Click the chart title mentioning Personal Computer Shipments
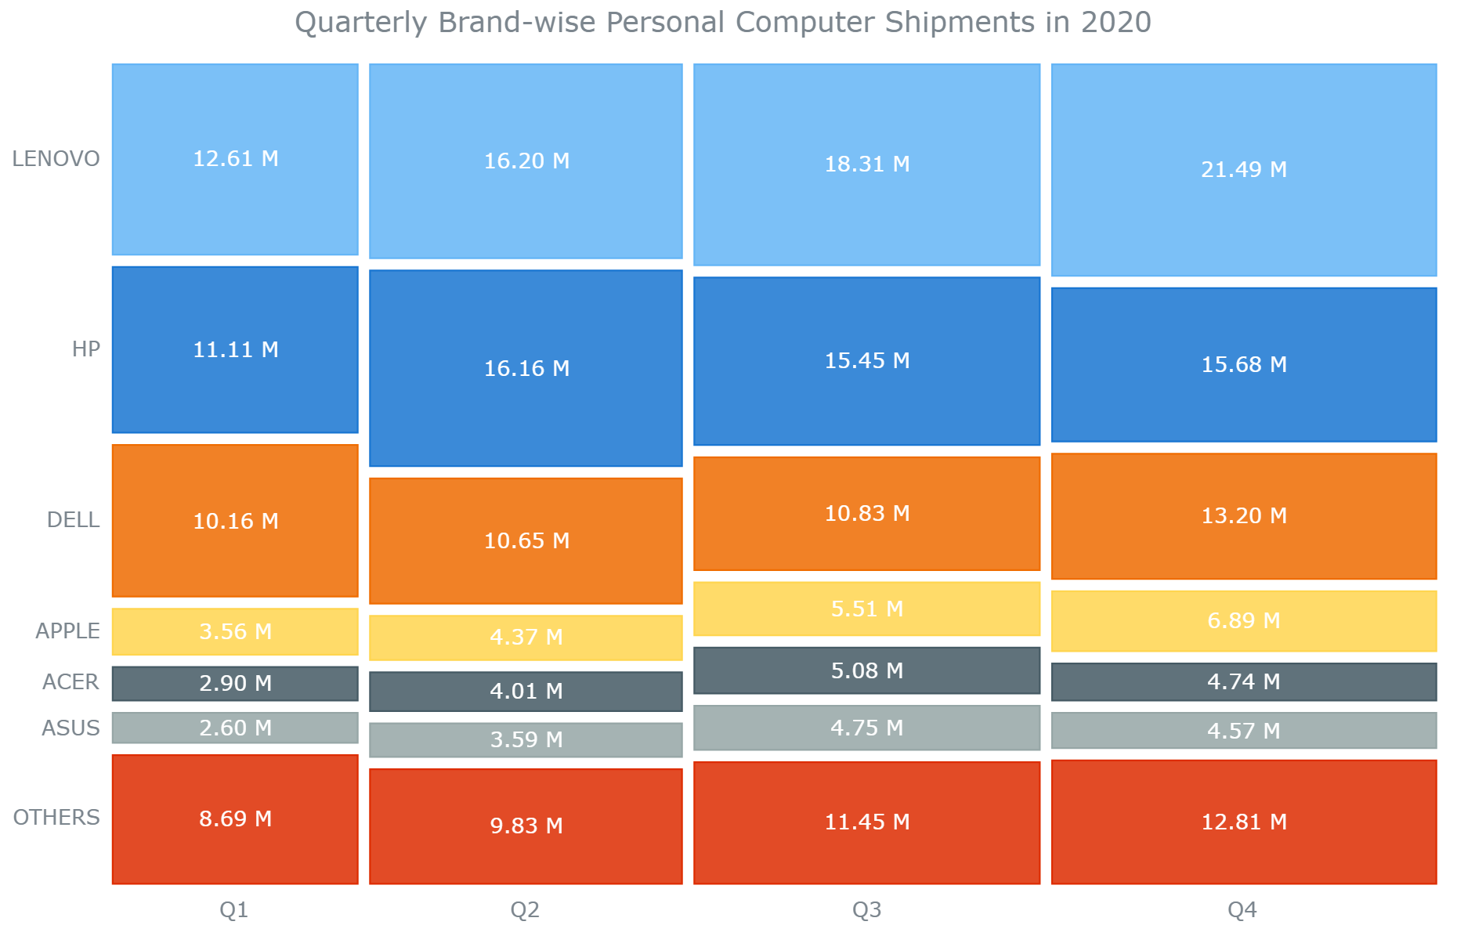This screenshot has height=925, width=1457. pyautogui.click(x=722, y=23)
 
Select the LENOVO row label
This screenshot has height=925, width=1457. pyautogui.click(x=56, y=159)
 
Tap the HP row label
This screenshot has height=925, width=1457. pyautogui.click(x=86, y=349)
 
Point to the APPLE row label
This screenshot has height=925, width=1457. pyautogui.click(x=67, y=631)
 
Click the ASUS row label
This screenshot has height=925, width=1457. pyautogui.click(x=70, y=728)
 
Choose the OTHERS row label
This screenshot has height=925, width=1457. pyautogui.click(x=56, y=818)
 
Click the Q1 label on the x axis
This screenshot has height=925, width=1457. pyautogui.click(x=233, y=910)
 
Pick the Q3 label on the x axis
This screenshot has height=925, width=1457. pyautogui.click(x=866, y=910)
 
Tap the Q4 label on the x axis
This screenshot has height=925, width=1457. pyautogui.click(x=1242, y=910)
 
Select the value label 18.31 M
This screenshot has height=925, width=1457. pyautogui.click(x=867, y=164)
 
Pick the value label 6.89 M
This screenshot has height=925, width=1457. pyautogui.click(x=1244, y=621)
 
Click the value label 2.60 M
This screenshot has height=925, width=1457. pyautogui.click(x=235, y=728)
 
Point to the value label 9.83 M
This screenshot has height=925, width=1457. pyautogui.click(x=526, y=826)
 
